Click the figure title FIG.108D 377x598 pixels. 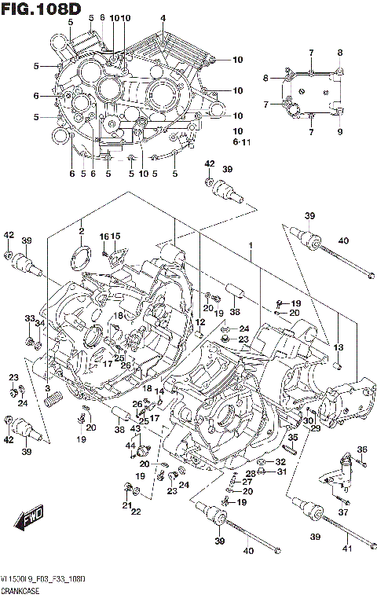click(x=42, y=10)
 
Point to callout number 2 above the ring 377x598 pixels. click(x=80, y=229)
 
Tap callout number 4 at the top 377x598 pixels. click(x=163, y=18)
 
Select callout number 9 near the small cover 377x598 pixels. click(x=341, y=132)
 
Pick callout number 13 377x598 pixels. click(x=339, y=347)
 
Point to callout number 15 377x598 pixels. click(x=115, y=237)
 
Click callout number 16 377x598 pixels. click(x=103, y=237)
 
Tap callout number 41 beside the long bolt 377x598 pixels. click(x=346, y=536)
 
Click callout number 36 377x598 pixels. click(x=362, y=449)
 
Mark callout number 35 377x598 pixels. click(x=292, y=438)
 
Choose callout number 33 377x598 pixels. click(x=28, y=318)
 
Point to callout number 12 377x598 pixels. click(x=200, y=322)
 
